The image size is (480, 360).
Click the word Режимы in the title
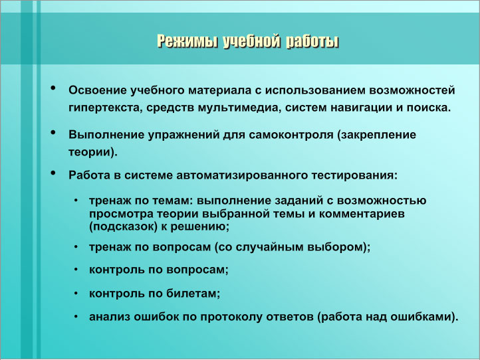[187, 41]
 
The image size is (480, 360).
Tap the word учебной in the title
[251, 41]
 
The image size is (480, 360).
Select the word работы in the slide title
[312, 41]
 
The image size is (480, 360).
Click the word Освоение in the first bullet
[97, 90]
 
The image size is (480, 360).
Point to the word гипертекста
[105, 108]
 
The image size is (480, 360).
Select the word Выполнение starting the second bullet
[106, 135]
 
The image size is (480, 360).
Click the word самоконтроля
[291, 135]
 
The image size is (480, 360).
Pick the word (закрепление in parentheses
[377, 135]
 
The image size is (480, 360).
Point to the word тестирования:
[354, 175]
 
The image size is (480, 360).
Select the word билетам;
[193, 294]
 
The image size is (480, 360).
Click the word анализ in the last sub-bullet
[110, 317]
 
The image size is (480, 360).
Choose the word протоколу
[231, 317]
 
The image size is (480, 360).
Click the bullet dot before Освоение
[53, 88]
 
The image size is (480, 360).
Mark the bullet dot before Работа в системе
[53, 173]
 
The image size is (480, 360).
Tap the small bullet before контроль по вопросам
[76, 270]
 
